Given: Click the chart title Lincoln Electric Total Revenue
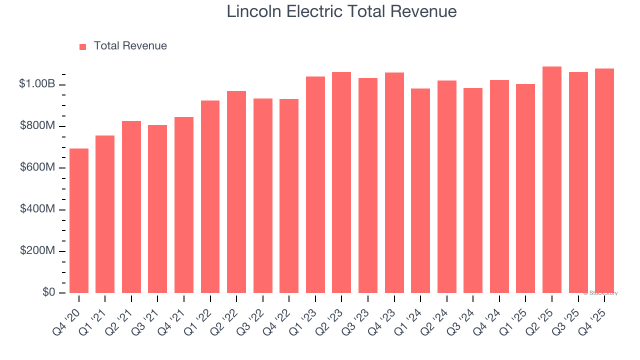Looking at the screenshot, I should (x=341, y=11).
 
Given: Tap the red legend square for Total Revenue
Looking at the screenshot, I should (x=83, y=46).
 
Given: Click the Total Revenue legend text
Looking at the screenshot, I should (x=130, y=46).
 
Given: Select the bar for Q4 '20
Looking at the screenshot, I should (x=79, y=220).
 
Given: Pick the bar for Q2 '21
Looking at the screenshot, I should (x=131, y=207).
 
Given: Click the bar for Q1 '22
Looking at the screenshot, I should (x=210, y=196).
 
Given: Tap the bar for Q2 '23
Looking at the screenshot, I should (x=341, y=182).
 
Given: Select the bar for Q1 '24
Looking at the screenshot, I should (x=420, y=190).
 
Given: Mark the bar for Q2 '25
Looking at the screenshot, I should (x=552, y=179).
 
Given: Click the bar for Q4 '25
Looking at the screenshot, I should (x=604, y=180).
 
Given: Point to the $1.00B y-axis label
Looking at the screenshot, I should (x=37, y=84).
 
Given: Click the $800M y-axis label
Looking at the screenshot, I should (x=37, y=126).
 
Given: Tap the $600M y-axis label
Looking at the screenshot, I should (x=37, y=167).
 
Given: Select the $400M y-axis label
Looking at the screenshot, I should (x=37, y=209).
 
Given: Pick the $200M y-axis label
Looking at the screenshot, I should (x=37, y=250).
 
